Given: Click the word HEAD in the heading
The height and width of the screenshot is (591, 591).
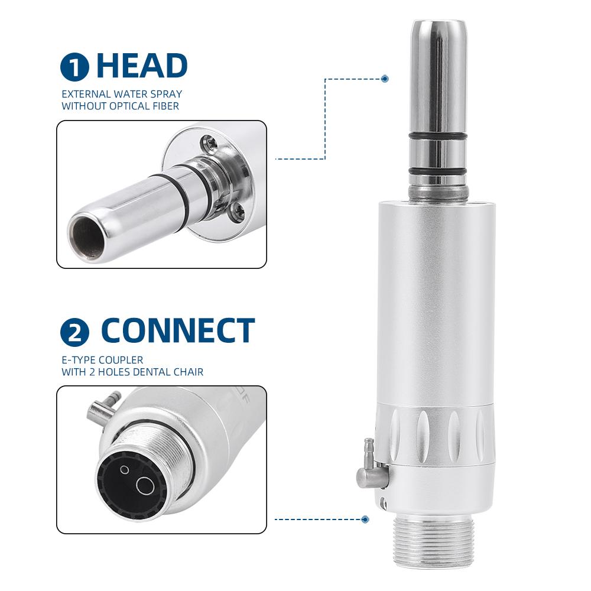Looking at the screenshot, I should pos(142,66).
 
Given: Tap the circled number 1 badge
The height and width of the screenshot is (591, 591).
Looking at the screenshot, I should pos(74,67).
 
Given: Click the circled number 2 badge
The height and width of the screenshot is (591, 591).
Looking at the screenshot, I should pos(74,332).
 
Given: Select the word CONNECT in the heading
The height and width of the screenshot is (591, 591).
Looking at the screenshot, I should pos(177,331).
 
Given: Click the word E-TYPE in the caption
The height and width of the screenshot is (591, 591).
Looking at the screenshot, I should pos(77,359).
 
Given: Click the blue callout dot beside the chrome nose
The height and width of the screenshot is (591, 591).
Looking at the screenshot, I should pos(385,78).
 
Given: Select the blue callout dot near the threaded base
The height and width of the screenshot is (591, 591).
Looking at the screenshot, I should pos(365,519).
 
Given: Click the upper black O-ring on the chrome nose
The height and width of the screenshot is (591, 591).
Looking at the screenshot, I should pos(437,137).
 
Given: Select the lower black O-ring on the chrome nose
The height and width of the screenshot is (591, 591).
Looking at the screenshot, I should pos(437,171).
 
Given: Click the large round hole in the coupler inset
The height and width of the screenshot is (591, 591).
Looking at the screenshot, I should pos(145,486).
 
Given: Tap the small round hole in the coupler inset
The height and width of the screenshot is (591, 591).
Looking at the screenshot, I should pos(124,470).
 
